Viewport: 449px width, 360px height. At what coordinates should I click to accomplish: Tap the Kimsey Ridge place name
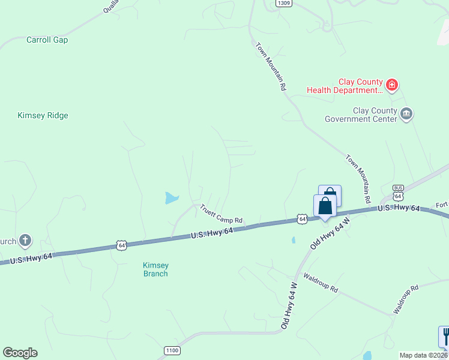click(43, 116)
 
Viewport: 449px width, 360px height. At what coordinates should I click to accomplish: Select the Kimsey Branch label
click(155, 269)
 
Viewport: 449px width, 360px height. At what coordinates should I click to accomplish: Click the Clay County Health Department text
click(345, 86)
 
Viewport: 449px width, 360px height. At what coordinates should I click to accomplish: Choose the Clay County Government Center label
click(361, 115)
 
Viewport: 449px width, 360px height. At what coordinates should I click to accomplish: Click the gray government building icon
click(407, 114)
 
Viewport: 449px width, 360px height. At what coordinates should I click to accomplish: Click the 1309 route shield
click(284, 3)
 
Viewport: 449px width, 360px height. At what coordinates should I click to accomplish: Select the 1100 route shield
click(172, 350)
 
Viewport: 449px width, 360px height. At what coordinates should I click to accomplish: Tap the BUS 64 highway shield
click(398, 193)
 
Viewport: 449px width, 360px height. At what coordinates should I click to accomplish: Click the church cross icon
click(25, 241)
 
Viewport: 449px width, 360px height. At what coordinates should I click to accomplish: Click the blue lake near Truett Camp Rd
click(172, 197)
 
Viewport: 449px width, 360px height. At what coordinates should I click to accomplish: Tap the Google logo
click(20, 353)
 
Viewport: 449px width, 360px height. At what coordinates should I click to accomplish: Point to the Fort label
click(442, 205)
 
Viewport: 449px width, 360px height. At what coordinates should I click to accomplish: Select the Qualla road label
click(111, 6)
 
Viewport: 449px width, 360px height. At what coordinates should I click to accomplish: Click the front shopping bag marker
click(325, 206)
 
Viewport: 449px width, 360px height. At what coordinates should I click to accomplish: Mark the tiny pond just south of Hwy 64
click(293, 240)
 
